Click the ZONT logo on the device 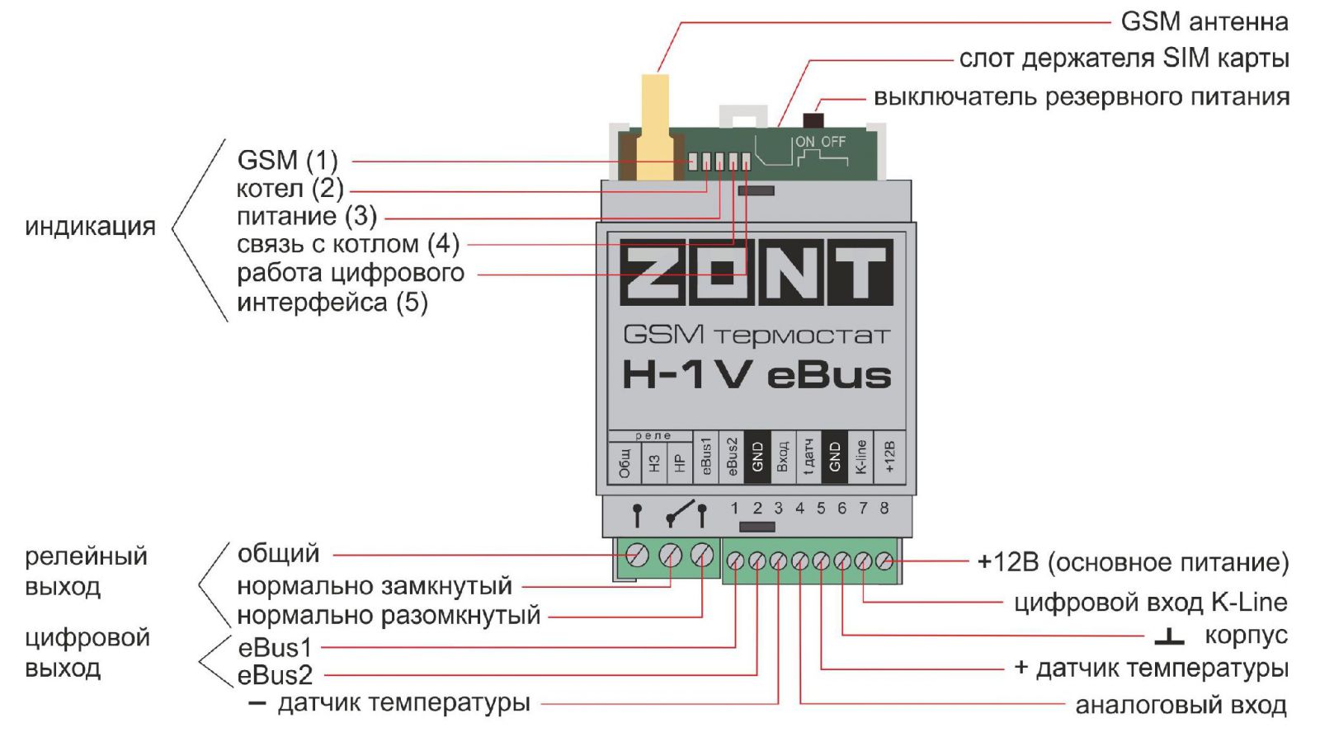[756, 273]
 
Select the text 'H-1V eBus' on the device [756, 375]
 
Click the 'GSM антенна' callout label [1204, 21]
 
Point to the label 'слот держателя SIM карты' [1123, 59]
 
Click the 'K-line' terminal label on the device [860, 456]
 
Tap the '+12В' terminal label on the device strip [889, 456]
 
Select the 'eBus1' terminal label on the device [705, 456]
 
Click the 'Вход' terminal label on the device [782, 456]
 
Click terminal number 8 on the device [884, 508]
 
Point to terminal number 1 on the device [734, 508]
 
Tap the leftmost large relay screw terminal [637, 556]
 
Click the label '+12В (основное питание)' [1132, 563]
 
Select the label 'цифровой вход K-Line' [1150, 603]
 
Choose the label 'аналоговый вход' [1180, 706]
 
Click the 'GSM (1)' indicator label [287, 160]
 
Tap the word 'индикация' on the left [90, 227]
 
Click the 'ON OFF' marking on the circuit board [820, 142]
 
